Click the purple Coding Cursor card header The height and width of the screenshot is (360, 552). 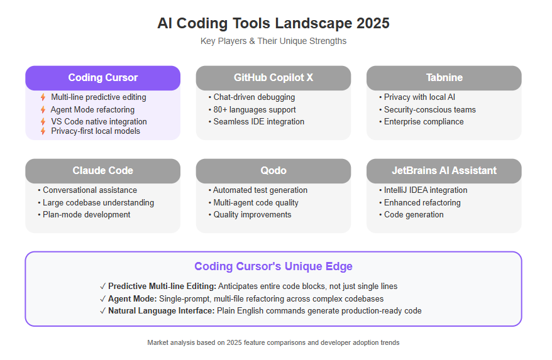(x=103, y=78)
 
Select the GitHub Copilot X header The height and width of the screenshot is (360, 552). (x=273, y=78)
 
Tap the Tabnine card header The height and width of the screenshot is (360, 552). (x=444, y=78)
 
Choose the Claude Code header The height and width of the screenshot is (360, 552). (x=103, y=171)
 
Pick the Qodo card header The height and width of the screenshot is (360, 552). (x=273, y=171)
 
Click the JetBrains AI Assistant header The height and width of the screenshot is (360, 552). (x=444, y=171)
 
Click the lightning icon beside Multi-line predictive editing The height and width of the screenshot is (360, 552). (x=43, y=97)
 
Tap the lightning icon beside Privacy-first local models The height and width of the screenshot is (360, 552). (x=43, y=131)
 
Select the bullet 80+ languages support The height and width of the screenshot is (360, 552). (x=252, y=110)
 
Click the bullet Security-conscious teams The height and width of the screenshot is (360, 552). (x=428, y=110)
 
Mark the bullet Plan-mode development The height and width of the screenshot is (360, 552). (x=84, y=215)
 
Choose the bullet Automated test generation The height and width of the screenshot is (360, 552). (x=258, y=190)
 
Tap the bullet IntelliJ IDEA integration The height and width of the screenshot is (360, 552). (x=423, y=190)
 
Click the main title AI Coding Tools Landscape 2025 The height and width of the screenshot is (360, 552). (x=273, y=23)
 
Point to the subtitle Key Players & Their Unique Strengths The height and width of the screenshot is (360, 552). (x=273, y=41)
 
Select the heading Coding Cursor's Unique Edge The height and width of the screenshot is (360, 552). (x=273, y=266)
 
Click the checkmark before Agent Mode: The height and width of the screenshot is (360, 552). (x=103, y=299)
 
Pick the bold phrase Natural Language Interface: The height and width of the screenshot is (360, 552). (x=161, y=311)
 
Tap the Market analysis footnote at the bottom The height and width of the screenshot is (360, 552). (x=273, y=342)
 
